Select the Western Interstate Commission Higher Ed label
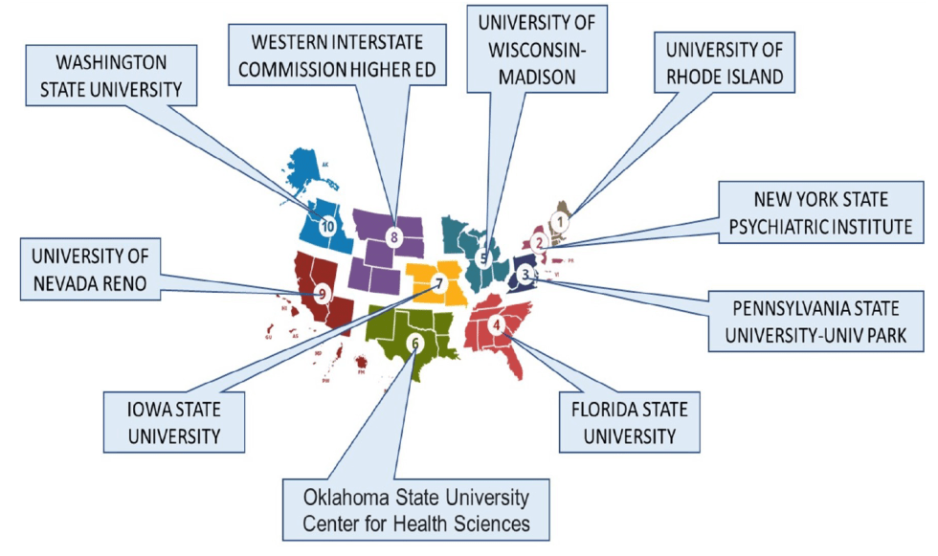click(337, 56)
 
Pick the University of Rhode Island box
click(725, 61)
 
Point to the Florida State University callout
click(622, 423)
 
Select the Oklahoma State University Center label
click(415, 510)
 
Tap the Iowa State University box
click(173, 422)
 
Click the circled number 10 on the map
click(328, 227)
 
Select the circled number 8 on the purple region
click(391, 236)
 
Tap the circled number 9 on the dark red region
click(322, 294)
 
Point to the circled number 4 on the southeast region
click(496, 323)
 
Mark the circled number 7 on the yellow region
click(438, 282)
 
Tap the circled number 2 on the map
click(539, 242)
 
